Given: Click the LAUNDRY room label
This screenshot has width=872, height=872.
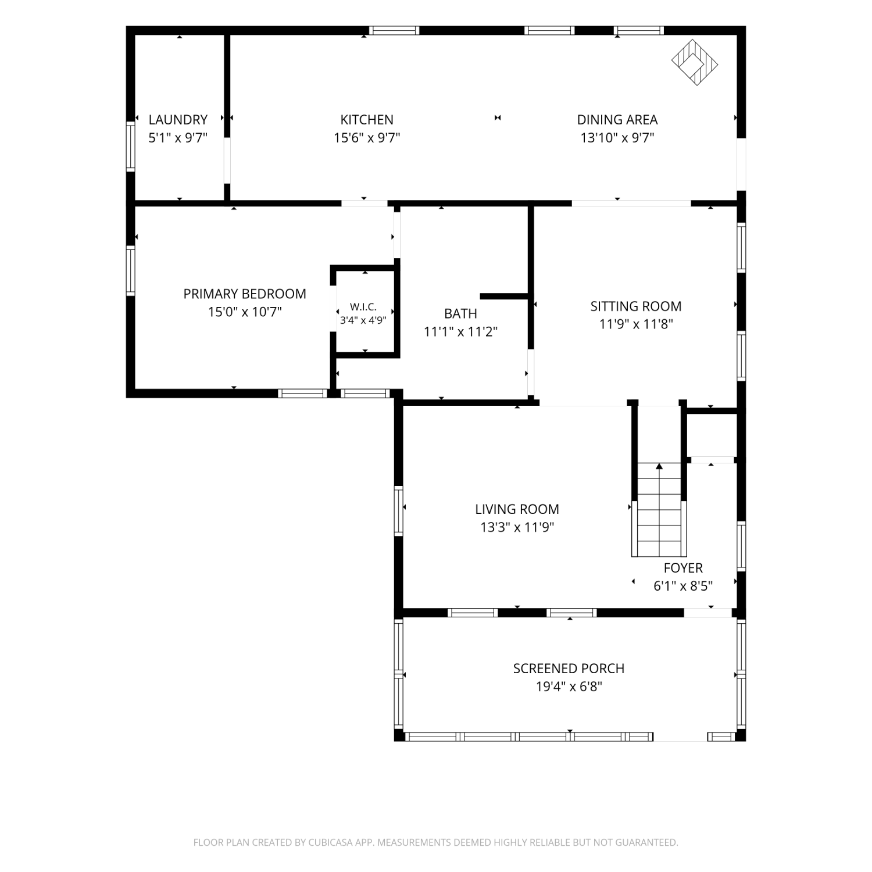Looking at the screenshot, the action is click(x=178, y=120).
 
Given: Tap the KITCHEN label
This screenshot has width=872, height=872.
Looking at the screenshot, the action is click(x=367, y=120).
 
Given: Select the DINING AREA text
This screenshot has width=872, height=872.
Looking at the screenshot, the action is click(x=617, y=120).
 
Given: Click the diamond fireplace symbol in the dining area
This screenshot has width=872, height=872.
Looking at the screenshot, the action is click(x=695, y=63).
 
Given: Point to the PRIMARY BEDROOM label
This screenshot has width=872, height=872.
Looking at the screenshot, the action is click(x=245, y=294).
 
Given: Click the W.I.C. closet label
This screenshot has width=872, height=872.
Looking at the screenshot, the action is click(x=363, y=307).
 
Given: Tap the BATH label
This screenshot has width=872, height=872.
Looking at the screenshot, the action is click(x=461, y=313).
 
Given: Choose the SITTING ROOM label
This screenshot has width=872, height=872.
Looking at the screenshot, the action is click(x=636, y=306).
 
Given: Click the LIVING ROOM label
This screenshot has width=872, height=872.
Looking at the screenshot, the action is click(x=517, y=509).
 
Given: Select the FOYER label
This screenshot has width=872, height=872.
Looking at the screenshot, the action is click(x=684, y=568).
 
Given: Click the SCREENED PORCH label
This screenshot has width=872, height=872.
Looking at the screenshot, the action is click(x=569, y=669).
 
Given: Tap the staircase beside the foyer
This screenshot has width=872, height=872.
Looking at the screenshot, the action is click(x=659, y=509).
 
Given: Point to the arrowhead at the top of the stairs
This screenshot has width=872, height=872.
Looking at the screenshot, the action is click(x=659, y=466).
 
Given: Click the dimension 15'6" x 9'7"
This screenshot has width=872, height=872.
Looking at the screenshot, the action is click(x=367, y=138).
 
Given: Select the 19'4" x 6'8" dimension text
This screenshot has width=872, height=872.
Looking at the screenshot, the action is click(x=569, y=687).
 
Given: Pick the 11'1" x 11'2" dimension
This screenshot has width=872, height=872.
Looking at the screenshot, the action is click(x=461, y=332).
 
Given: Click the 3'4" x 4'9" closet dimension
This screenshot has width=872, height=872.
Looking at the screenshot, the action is click(x=363, y=320).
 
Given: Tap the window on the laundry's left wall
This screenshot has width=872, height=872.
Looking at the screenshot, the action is click(x=131, y=146).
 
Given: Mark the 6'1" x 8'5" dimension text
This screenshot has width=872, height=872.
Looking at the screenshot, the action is click(x=684, y=586).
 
